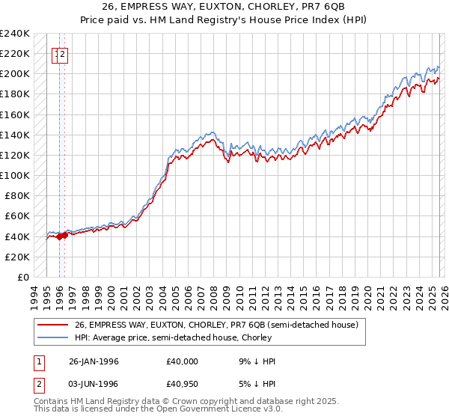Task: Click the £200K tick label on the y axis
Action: coord(15,73)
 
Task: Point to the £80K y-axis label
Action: coord(16,195)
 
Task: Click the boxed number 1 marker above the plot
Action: coord(57,54)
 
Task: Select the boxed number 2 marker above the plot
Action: coord(64,54)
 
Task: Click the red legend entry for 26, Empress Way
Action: coord(217,325)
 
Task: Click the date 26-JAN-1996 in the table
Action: coord(94,361)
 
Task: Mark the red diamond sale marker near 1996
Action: coord(60,236)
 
